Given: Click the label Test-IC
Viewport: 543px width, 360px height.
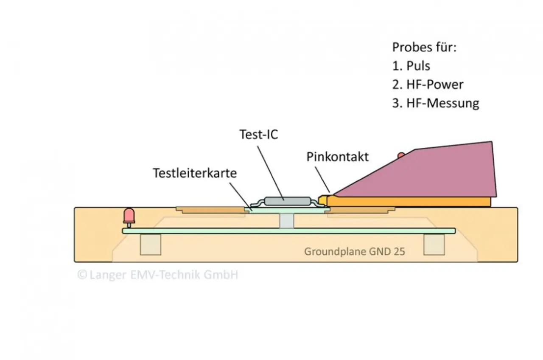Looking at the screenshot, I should tap(258, 135).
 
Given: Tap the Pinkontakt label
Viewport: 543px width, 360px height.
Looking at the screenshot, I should tap(338, 157).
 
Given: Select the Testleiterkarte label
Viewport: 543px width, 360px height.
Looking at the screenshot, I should tap(195, 173).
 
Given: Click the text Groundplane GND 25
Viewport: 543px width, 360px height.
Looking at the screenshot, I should tap(354, 251).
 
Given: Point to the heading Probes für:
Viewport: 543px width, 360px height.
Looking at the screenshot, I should tap(424, 47).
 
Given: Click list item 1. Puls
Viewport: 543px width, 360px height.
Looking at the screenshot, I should tap(411, 66).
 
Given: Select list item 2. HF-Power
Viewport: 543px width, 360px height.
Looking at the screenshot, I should tap(427, 84).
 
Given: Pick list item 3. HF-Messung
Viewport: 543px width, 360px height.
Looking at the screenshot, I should tap(435, 103).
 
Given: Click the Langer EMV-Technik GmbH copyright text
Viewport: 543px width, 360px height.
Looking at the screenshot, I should tap(158, 275).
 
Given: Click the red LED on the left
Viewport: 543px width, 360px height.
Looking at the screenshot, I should tap(129, 215).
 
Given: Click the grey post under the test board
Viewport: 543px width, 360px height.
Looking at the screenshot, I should tap(287, 221).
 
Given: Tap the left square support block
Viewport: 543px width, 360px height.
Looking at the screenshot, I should tap(151, 245).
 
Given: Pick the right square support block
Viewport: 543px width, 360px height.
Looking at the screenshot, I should tap(434, 245).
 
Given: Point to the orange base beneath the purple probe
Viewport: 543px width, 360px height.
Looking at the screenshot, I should tap(409, 202).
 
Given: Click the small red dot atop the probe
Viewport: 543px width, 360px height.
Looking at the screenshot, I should tap(400, 155).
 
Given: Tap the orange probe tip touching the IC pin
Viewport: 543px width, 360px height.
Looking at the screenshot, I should tap(324, 199).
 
